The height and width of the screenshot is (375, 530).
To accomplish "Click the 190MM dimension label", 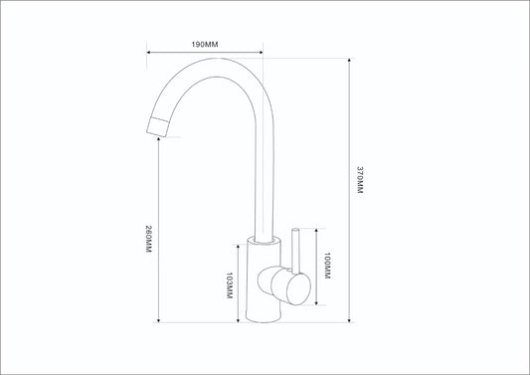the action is pos(205,45).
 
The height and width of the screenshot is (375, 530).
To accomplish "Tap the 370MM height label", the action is pos(360,180).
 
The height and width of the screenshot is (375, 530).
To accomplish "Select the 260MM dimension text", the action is pos(149,239).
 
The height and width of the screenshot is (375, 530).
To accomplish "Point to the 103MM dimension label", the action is pos(230,285).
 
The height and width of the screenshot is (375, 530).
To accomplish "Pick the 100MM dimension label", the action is pos(327,266).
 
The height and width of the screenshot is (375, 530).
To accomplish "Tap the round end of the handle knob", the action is pos(298,288).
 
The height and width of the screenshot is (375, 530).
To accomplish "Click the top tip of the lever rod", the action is pos(295,230).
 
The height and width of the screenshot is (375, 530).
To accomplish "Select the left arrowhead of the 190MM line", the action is pos(149,52).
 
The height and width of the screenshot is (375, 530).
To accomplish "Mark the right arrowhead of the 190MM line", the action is pos(261,52).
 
